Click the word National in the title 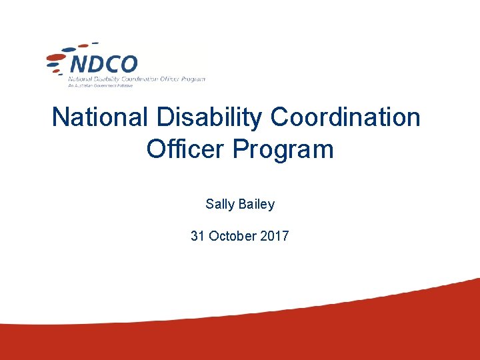click(x=101, y=118)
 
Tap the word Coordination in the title click(x=345, y=118)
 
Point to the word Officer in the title click(x=186, y=149)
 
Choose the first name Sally click(x=220, y=205)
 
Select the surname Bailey click(x=256, y=205)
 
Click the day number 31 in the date click(x=197, y=236)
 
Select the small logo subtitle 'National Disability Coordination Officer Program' click(x=137, y=79)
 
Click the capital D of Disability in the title click(x=164, y=118)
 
